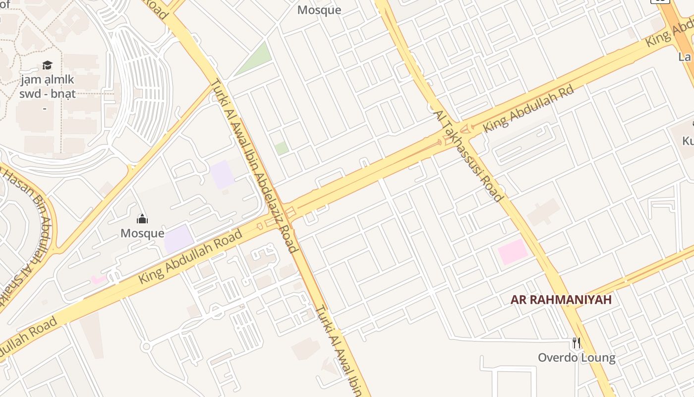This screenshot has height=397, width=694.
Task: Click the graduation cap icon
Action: click(47, 65)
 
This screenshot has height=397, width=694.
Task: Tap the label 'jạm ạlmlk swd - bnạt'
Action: click(47, 86)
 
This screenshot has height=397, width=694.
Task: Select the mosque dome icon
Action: click(142, 219)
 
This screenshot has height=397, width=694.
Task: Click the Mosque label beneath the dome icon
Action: click(142, 233)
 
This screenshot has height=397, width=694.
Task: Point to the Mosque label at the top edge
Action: click(319, 10)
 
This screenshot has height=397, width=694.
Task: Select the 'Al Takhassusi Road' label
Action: click(468, 156)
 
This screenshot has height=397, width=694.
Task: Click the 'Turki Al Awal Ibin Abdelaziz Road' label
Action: click(254, 166)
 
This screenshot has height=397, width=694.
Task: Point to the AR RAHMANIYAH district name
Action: click(561, 300)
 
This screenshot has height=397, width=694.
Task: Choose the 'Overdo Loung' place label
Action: click(577, 357)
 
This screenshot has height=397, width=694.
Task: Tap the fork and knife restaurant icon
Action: click(576, 342)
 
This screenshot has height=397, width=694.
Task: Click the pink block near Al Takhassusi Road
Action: click(513, 252)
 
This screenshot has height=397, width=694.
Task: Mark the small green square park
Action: click(282, 148)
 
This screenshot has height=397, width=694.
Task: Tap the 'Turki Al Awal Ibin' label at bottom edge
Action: click(342, 350)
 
